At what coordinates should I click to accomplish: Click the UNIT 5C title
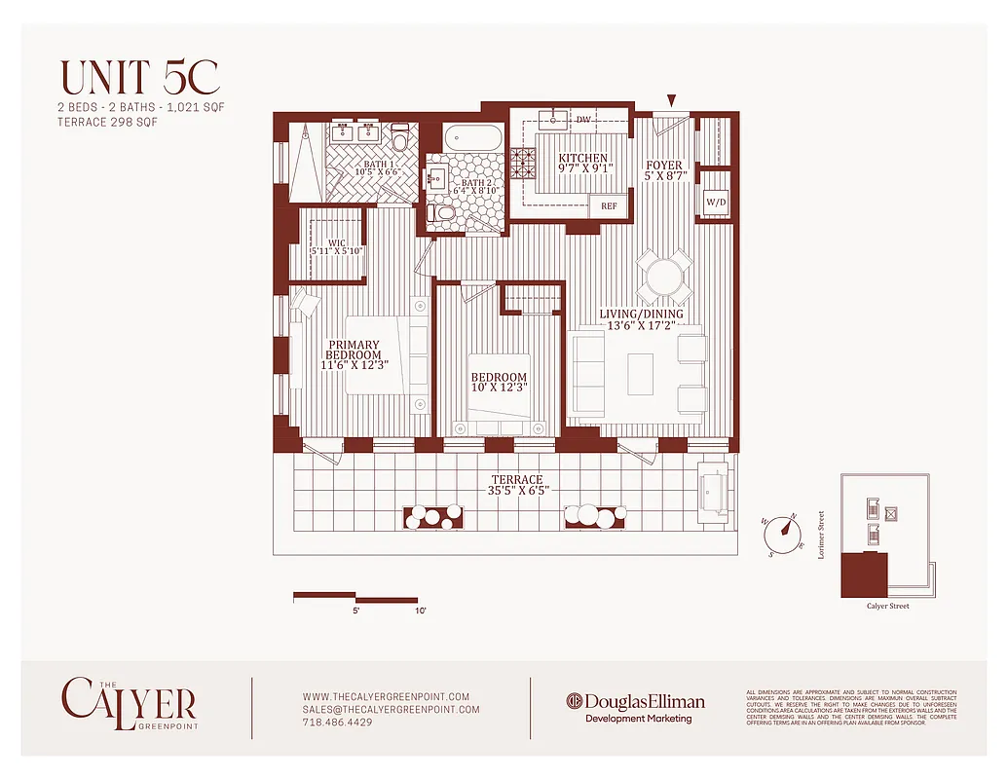(x=140, y=77)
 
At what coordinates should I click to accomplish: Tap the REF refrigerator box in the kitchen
(x=609, y=206)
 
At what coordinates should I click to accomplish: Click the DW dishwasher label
(x=583, y=120)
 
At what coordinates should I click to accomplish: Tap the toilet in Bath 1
(x=400, y=137)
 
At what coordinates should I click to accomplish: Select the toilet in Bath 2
(x=444, y=212)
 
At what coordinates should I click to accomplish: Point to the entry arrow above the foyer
(x=670, y=99)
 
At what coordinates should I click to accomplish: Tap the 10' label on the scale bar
(x=420, y=611)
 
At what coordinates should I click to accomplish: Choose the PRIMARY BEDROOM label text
(x=355, y=355)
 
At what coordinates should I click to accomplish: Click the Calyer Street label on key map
(x=887, y=607)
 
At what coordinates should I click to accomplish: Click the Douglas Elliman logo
(x=636, y=702)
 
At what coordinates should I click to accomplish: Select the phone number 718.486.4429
(x=337, y=723)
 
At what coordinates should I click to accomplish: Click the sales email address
(x=391, y=710)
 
